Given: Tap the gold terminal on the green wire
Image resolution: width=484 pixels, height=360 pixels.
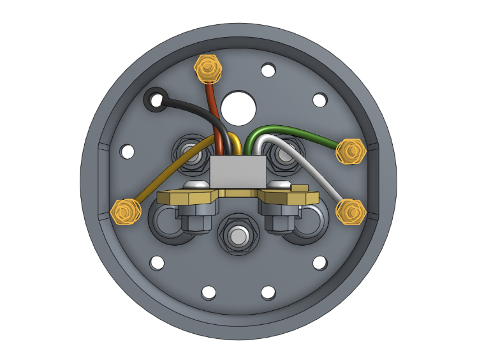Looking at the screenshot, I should [351, 151].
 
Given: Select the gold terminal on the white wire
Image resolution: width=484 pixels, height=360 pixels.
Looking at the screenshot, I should [351, 211].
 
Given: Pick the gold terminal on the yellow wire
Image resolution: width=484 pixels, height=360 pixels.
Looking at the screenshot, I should [125, 211].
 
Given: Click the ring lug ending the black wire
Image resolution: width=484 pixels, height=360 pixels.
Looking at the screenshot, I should [155, 99].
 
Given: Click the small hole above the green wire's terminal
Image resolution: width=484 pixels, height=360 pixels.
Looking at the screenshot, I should [319, 100].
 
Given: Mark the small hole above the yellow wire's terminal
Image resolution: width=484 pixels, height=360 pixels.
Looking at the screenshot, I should [128, 152].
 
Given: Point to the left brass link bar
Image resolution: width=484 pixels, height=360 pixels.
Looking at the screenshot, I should [189, 197].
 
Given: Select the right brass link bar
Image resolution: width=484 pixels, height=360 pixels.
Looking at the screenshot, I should [287, 197].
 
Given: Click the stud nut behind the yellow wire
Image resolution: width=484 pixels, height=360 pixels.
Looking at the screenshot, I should [189, 154].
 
